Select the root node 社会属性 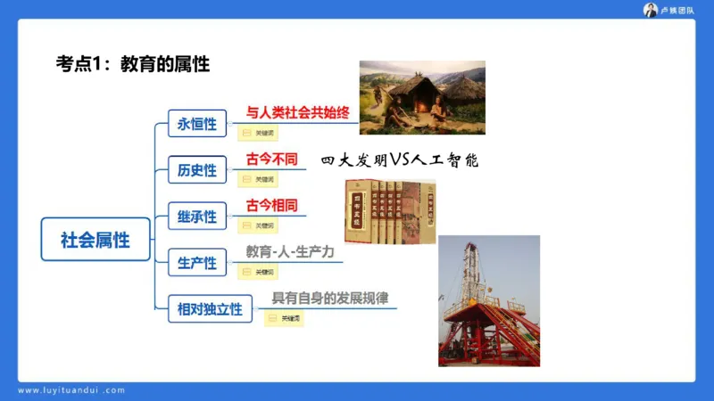pos(95,240)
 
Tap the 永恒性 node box pos(197,123)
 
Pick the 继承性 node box pos(197,217)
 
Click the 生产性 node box pos(197,263)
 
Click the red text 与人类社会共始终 pos(297,114)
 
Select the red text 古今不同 pos(271,160)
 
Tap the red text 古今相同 pos(271,206)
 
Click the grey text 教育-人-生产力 pos(290,252)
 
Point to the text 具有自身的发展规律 pos(329,299)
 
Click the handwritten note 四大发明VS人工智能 pos(400,161)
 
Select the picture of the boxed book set pos(390,211)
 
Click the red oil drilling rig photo pos(488,300)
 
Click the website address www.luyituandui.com pos(71,390)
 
